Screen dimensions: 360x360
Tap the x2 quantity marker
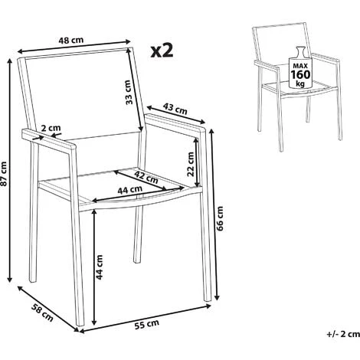(162, 51)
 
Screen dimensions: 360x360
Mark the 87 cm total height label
(6, 177)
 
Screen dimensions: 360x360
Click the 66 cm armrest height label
(221, 218)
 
